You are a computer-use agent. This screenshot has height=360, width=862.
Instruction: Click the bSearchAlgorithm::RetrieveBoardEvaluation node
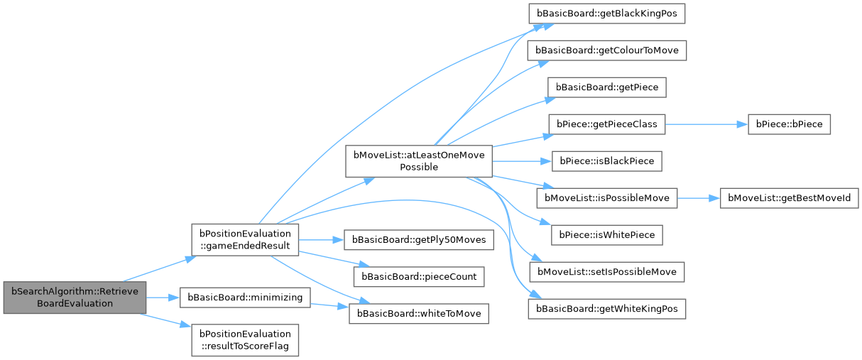tap(75, 297)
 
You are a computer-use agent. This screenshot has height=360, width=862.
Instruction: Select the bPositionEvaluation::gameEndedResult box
tap(245, 239)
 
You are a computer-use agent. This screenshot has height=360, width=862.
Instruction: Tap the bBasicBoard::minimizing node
tap(244, 297)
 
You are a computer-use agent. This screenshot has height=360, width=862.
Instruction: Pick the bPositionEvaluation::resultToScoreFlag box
tap(245, 339)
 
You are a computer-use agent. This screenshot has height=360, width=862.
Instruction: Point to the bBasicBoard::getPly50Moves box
tap(418, 239)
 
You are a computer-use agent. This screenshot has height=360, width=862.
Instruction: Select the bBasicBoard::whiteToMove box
tap(418, 312)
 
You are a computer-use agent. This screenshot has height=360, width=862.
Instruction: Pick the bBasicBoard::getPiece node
tap(606, 87)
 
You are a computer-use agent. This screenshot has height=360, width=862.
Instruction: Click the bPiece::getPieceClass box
tap(606, 124)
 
